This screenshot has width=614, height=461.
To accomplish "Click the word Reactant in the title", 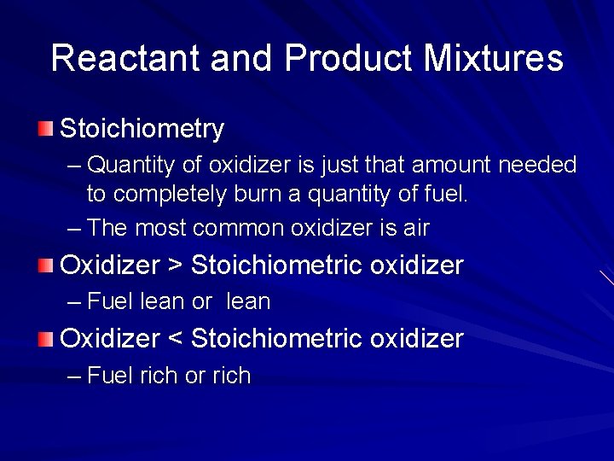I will click(x=125, y=58).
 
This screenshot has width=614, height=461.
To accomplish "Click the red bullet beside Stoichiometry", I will click(x=45, y=130).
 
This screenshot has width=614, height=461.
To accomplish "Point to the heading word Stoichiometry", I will click(x=142, y=130).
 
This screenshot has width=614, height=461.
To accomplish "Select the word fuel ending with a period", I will click(x=446, y=195).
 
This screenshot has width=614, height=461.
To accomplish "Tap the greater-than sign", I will click(x=175, y=266).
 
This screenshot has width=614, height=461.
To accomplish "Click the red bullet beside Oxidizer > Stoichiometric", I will click(x=45, y=266).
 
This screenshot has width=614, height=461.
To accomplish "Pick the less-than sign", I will click(x=175, y=340).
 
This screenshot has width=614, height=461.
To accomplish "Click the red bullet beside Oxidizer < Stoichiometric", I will click(x=45, y=339).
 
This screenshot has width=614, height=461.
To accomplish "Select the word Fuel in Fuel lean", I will click(x=110, y=301).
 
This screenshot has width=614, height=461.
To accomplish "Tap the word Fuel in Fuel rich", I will click(x=110, y=376).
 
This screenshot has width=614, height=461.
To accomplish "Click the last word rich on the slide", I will click(x=231, y=376).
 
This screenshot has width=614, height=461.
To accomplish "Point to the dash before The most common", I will click(x=74, y=229).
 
